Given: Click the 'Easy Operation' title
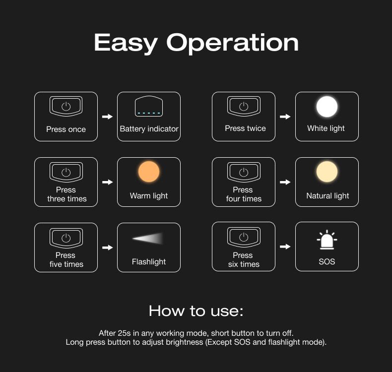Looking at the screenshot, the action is [196, 43].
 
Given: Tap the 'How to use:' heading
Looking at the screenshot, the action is [196, 311].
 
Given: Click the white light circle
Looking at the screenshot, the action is [327, 107].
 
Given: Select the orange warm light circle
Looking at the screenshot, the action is [149, 172].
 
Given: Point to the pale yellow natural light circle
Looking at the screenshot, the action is [327, 172].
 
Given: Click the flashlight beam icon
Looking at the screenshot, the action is [148, 239].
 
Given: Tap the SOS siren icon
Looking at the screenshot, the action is [327, 240].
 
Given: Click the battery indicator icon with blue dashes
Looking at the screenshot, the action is [149, 106].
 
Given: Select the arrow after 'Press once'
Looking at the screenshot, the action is [108, 117].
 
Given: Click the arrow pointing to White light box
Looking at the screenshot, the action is [285, 117].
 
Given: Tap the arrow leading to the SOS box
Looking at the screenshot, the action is [285, 247].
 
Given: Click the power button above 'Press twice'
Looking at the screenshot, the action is [244, 106].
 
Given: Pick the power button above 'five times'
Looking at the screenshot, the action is [66, 238].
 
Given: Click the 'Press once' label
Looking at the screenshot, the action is [66, 129].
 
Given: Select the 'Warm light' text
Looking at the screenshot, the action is [149, 196].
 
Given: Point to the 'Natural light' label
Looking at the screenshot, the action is [327, 196].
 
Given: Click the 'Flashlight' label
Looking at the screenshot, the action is [149, 262].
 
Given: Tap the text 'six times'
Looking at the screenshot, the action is [244, 264].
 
